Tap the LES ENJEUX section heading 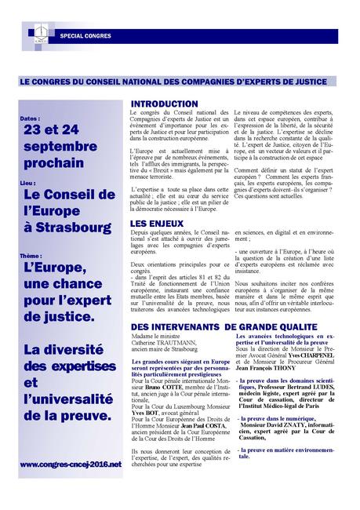(x=157, y=224)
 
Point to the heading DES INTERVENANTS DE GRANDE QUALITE (x=224, y=325)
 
